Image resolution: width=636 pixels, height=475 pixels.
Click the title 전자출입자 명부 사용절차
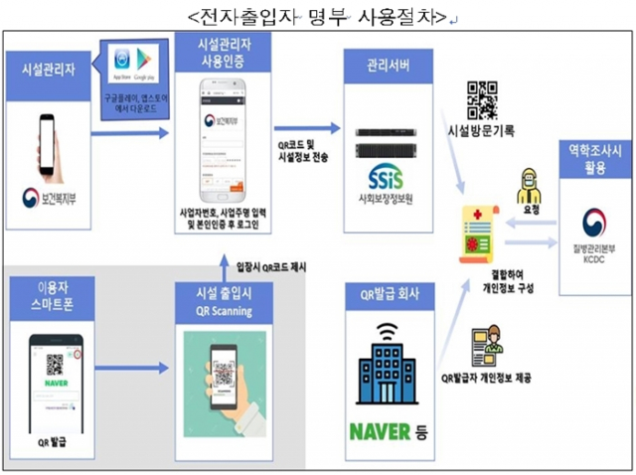(315, 16)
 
